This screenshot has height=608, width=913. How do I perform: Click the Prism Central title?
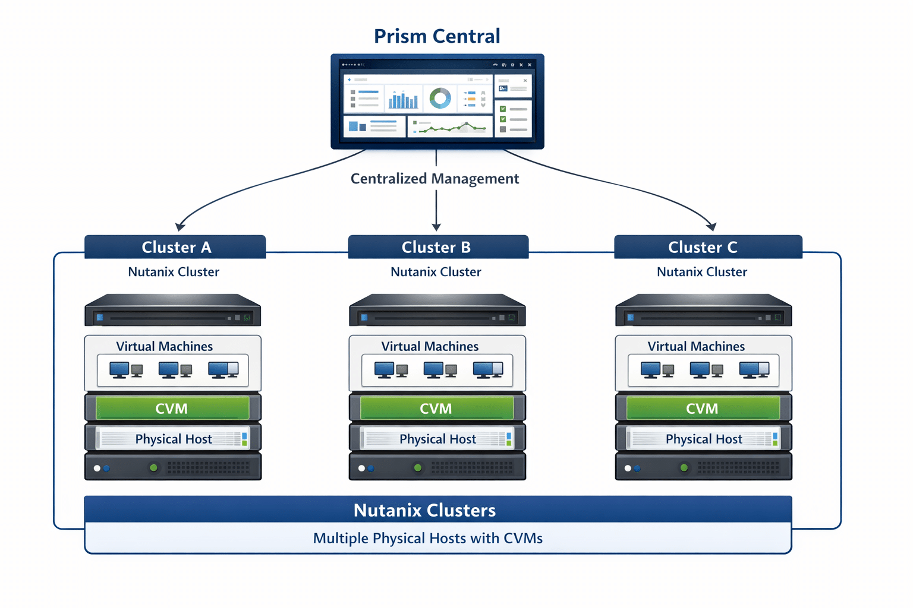click(437, 36)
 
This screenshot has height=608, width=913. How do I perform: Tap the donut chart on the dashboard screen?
click(440, 98)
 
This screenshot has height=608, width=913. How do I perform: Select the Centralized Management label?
click(435, 179)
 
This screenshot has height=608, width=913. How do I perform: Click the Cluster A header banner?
click(175, 247)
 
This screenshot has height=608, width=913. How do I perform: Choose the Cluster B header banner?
click(437, 247)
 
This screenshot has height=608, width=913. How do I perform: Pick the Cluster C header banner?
click(707, 247)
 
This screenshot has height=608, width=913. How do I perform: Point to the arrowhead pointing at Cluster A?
click(180, 226)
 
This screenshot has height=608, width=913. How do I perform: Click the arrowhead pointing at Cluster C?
click(711, 226)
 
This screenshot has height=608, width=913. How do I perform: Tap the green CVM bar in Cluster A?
click(172, 408)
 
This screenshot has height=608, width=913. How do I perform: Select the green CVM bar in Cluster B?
click(436, 408)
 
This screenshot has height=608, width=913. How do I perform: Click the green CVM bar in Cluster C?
click(703, 408)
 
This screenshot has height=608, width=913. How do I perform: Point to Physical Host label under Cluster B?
click(437, 439)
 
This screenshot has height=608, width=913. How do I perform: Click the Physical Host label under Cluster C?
click(704, 439)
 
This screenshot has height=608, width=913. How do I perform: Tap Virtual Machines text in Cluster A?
click(164, 346)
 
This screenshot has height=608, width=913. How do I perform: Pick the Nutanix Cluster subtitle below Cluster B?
click(436, 272)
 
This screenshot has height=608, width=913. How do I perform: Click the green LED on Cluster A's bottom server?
click(153, 468)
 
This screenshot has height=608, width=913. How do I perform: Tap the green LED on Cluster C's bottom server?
click(684, 468)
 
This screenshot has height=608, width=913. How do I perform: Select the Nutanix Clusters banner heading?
click(424, 510)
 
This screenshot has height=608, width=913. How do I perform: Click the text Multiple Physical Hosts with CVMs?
click(427, 539)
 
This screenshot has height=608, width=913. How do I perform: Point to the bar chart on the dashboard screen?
click(403, 100)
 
